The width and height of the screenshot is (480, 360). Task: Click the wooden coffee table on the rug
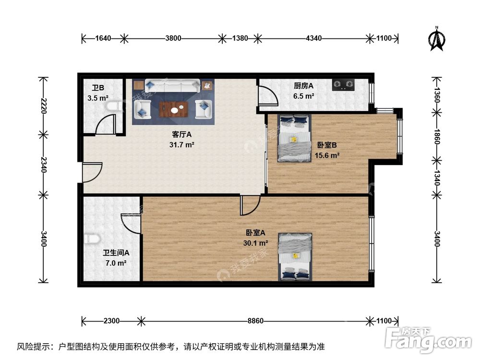coord(174,110)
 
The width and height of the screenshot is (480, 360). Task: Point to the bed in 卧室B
coord(294,138)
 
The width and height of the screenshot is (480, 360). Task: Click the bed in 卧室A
coord(295,256)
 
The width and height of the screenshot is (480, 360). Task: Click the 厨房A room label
coord(303,86)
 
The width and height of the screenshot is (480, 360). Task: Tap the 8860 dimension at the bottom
coord(255,321)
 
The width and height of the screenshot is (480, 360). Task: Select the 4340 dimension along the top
coord(314,38)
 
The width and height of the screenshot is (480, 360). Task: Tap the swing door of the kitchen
coord(267,96)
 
